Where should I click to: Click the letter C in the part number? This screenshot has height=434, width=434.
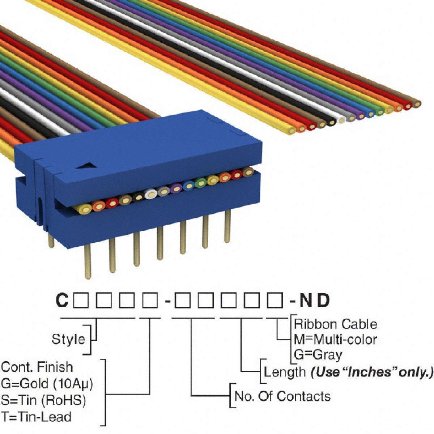tap(62, 301)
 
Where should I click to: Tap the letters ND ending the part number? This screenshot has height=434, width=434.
tap(315, 301)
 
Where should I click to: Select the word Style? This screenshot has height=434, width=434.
tap(68, 339)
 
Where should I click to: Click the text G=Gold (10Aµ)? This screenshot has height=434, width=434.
tap(47, 383)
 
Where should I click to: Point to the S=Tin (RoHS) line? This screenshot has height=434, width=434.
tap(43, 400)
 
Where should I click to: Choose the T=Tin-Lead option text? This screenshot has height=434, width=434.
tap(36, 417)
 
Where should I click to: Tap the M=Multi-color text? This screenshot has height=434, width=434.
tap(336, 339)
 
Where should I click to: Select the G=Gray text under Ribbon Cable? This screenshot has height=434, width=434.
tap(318, 355)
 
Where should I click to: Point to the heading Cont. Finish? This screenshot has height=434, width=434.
tap(37, 367)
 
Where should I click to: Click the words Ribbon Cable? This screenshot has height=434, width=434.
tap(336, 324)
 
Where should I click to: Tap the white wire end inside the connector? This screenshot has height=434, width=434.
tap(150, 195)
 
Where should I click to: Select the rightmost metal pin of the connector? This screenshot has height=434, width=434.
tap(227, 226)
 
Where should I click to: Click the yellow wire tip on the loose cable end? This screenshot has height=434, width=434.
tap(292, 130)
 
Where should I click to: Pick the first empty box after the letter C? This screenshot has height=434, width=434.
tap(81, 301)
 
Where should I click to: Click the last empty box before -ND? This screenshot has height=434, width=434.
tap(275, 301)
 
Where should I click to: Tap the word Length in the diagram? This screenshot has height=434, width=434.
tap(285, 372)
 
